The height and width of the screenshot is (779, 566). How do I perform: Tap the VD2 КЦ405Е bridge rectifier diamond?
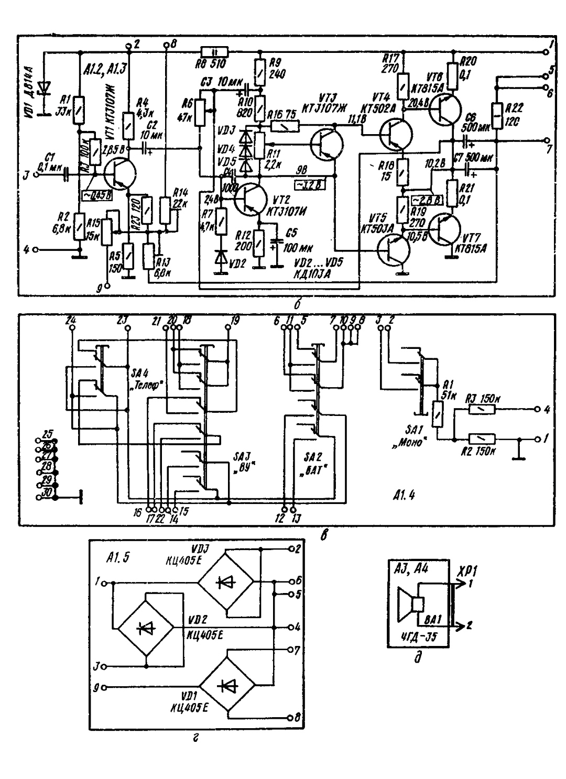[x=145, y=627]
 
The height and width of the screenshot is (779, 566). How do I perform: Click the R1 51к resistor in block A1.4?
[x=435, y=414]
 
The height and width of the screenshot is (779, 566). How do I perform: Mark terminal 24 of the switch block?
[x=72, y=327]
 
